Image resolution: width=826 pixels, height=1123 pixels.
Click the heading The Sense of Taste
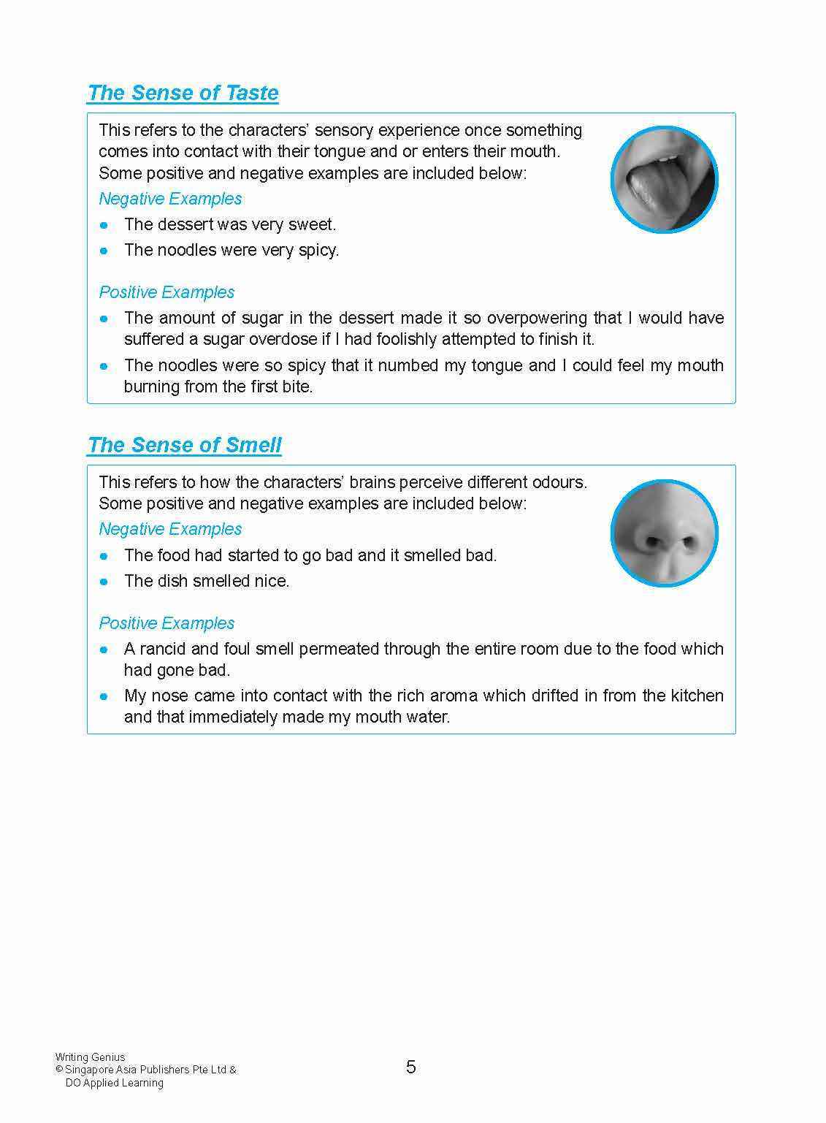[183, 93]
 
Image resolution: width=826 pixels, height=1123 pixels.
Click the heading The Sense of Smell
[184, 445]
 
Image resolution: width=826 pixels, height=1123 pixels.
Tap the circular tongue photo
[664, 180]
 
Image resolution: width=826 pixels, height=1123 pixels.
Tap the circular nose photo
[664, 533]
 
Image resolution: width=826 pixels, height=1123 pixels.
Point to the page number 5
[411, 1067]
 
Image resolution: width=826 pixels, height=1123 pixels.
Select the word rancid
[163, 649]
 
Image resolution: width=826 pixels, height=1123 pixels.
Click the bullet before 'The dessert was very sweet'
[104, 225]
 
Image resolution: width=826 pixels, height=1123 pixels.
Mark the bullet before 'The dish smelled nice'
[104, 582]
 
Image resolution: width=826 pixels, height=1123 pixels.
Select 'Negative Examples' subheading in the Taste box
[170, 199]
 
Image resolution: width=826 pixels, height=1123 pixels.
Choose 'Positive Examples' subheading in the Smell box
[167, 623]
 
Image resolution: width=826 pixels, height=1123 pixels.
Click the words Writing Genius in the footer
[90, 1057]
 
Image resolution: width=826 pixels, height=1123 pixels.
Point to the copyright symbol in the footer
[59, 1070]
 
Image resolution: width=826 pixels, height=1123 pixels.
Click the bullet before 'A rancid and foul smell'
[104, 650]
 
